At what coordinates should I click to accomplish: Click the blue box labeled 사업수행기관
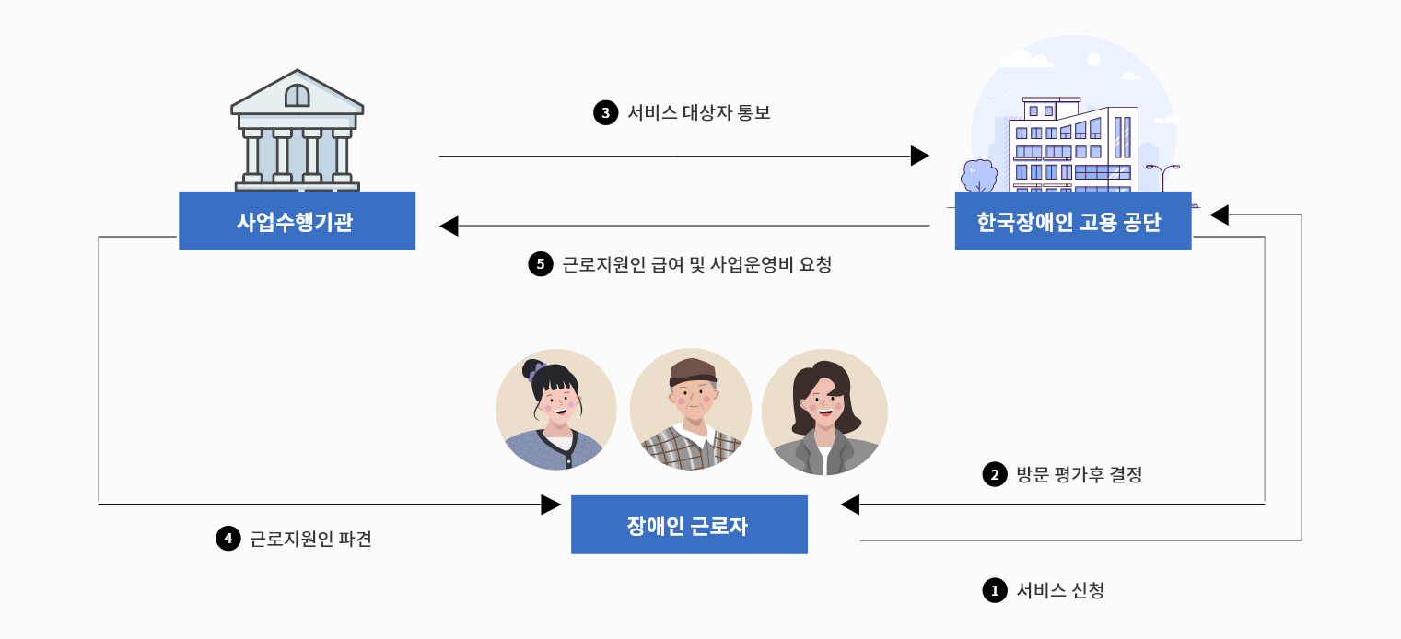(x=297, y=221)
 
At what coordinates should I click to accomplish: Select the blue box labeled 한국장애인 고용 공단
(x=1072, y=221)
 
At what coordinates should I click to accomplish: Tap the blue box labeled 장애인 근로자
(x=689, y=525)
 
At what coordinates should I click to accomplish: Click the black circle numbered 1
(x=995, y=590)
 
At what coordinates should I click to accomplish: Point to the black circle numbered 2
(x=995, y=475)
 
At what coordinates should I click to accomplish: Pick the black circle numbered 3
(x=605, y=113)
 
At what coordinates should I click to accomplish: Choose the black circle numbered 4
(x=228, y=539)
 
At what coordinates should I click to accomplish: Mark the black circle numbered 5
(x=540, y=265)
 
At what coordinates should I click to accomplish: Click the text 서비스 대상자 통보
(x=698, y=113)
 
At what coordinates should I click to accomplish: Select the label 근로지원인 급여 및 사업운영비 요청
(x=696, y=265)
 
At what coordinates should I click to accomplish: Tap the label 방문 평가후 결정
(x=1079, y=475)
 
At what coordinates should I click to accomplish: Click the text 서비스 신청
(x=1059, y=590)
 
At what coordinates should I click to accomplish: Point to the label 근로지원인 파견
(x=310, y=539)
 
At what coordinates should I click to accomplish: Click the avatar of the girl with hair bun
(x=555, y=410)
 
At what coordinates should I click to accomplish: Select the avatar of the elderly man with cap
(x=691, y=410)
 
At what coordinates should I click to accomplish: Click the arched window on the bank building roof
(x=297, y=95)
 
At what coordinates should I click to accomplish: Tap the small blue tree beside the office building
(x=978, y=175)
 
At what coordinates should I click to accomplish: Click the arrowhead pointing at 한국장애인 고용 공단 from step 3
(x=919, y=156)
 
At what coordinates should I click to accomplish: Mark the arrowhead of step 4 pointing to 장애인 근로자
(x=551, y=504)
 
